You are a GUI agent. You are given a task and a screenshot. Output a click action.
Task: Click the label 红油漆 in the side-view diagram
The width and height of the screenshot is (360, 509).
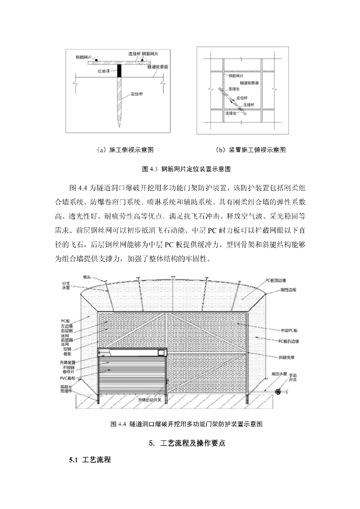coord(103,71)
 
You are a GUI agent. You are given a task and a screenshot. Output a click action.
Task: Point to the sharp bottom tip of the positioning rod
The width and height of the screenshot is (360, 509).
coord(119,126)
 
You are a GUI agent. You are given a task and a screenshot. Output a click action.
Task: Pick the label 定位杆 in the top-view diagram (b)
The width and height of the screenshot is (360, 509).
coord(243,97)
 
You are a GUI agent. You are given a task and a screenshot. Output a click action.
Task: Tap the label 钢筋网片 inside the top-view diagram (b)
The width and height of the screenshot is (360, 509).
coord(237,77)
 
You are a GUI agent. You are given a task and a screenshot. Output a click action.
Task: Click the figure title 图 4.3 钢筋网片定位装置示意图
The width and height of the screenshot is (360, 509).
coord(186,169)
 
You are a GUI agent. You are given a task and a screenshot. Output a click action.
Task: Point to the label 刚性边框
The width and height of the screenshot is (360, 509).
coord(288,289)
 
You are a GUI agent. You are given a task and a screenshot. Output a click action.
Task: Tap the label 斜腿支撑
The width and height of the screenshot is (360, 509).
coord(288,357)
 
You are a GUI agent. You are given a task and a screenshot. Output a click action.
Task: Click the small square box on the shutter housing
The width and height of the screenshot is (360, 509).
coord(161,353)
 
